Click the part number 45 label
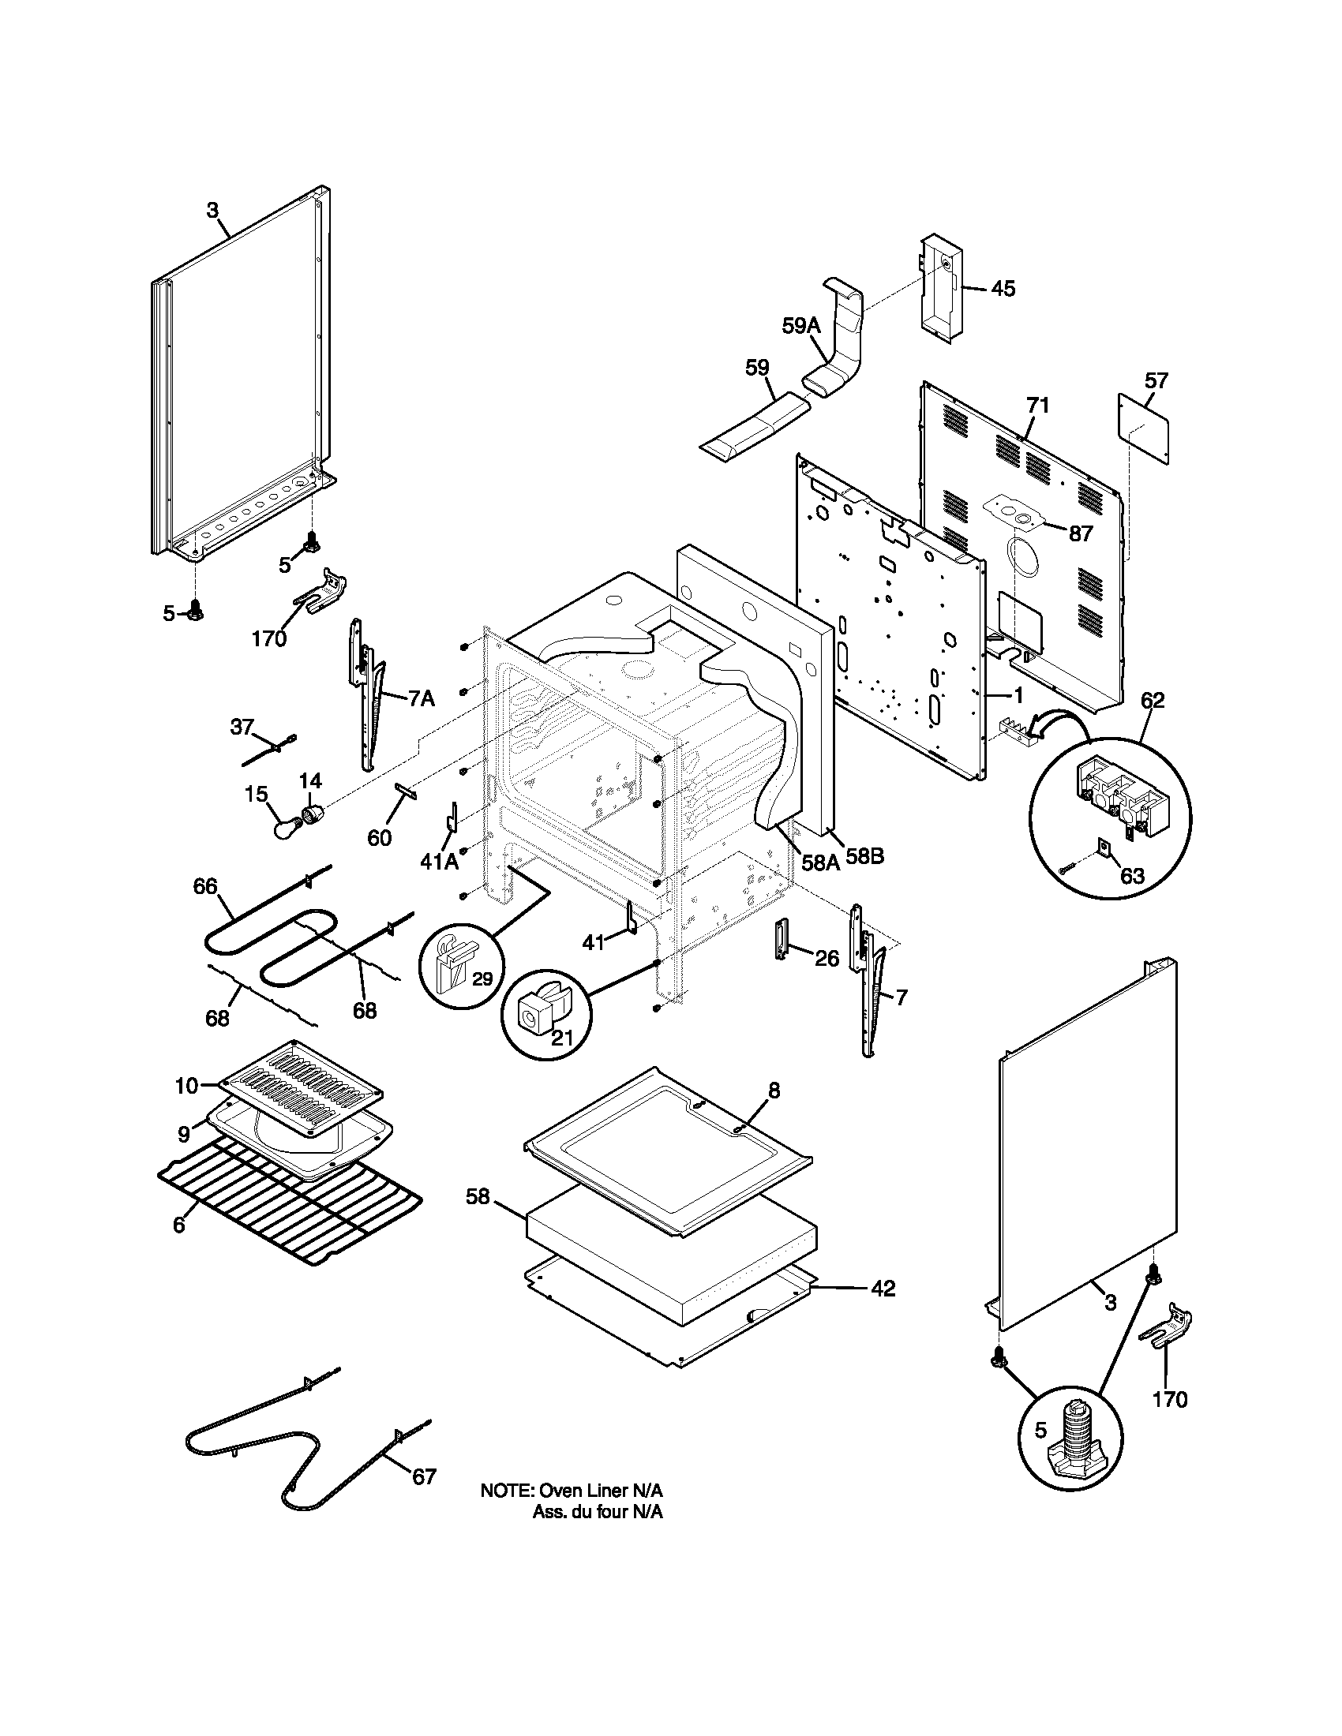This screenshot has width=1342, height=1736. (x=1003, y=289)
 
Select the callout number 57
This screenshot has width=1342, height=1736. (x=1156, y=381)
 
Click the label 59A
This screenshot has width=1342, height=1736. (x=800, y=326)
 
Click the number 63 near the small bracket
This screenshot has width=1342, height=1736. (x=1132, y=876)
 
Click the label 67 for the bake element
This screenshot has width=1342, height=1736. (x=424, y=1477)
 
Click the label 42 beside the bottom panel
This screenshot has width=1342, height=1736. (x=883, y=1289)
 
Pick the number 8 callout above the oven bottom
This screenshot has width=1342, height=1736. (x=774, y=1091)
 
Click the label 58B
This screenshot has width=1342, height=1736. (x=864, y=857)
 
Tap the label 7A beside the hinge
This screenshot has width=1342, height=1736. (x=422, y=698)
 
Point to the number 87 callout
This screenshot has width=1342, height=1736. (x=1081, y=533)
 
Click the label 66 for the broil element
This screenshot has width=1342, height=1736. (x=206, y=886)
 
